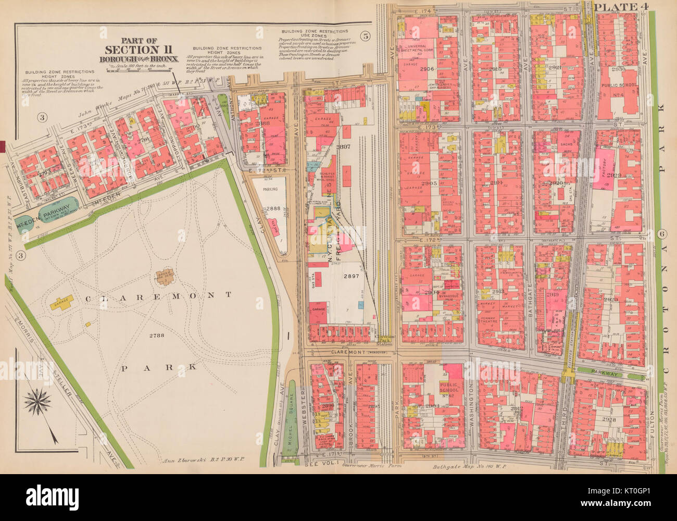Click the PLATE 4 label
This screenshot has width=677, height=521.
(618, 7)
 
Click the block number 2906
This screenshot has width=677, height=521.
(426, 69)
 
